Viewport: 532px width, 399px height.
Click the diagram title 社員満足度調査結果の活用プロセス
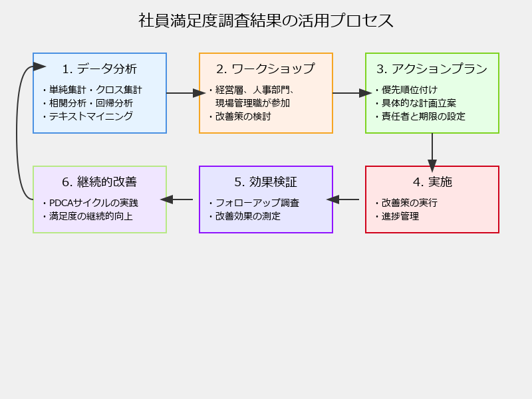265,21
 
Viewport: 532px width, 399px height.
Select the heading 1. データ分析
99,69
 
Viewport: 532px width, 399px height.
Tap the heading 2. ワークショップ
265,69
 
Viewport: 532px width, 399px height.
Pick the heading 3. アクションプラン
432,69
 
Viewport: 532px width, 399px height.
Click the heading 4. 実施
432,182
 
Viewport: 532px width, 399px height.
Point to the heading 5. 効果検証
265,182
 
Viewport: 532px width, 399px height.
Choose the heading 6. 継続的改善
99,182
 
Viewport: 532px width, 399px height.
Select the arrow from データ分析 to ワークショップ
186,93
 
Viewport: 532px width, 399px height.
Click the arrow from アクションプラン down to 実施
432,153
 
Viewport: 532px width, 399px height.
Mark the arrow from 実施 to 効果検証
342,199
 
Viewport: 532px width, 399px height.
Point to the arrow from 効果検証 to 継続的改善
176,199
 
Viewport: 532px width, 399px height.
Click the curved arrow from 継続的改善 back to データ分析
17,132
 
